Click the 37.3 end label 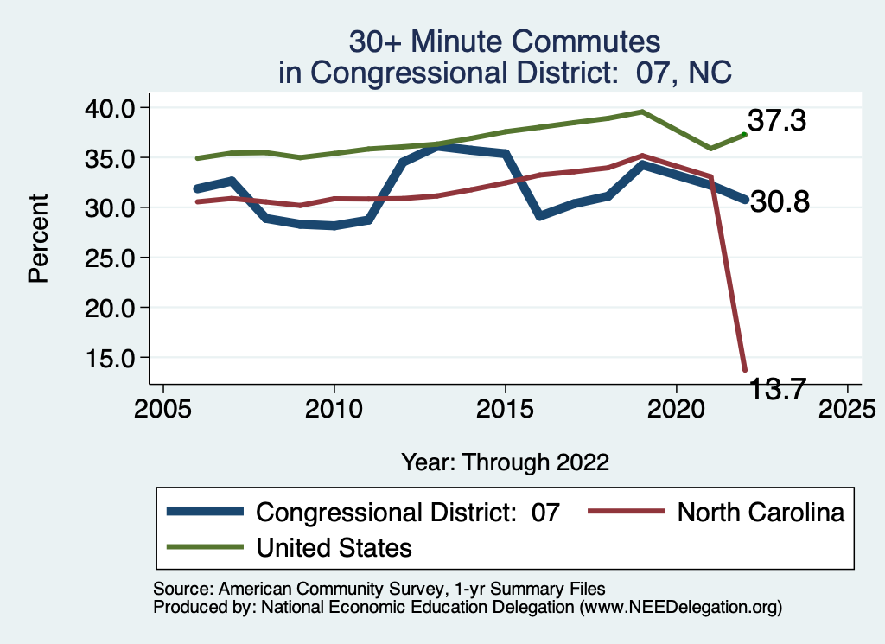tap(777, 121)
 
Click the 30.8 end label tap(779, 202)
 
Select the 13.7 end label tap(778, 389)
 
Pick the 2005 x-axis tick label tap(163, 407)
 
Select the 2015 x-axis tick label tap(505, 407)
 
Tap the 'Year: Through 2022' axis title tap(505, 462)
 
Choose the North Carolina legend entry tap(761, 513)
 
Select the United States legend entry tap(334, 547)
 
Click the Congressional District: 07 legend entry tap(408, 513)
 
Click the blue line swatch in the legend tap(205, 513)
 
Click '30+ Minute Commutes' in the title tap(505, 41)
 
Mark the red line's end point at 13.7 tap(744, 369)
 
